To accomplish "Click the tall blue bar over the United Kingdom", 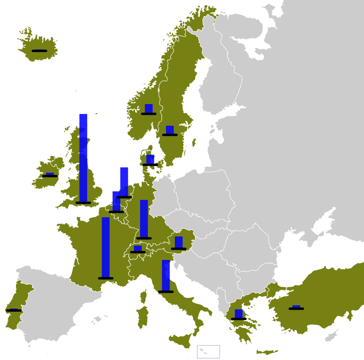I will coord(83,158).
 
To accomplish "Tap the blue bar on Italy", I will coord(166,276).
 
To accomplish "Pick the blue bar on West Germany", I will coord(144,219).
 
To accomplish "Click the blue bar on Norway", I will coord(149,108).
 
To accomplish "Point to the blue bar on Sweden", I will coord(170,130).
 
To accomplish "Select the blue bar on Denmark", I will coord(150,159).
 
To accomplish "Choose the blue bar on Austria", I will coord(178,242).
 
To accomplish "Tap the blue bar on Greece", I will coord(239,313).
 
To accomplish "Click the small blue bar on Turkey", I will coord(296,306).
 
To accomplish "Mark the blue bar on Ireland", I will coord(50,174).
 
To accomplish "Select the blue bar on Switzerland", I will coord(138,248).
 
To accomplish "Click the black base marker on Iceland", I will coord(39,51).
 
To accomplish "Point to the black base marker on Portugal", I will coord(14,311).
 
